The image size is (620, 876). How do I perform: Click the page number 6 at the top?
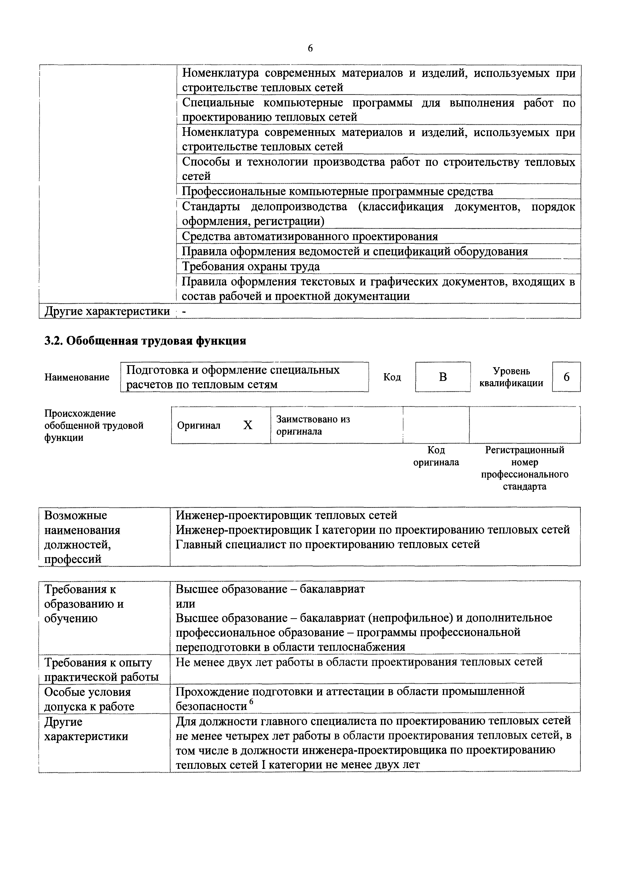coord(310,48)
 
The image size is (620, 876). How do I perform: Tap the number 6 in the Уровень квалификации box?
coord(566,377)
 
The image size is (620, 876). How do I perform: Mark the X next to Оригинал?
coord(248,425)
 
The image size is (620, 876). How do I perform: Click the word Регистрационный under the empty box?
coord(525,450)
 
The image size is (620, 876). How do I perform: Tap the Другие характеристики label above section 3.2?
coord(107,311)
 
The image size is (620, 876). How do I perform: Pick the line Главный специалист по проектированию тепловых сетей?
coord(327,544)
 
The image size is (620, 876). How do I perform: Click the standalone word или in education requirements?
coord(186,604)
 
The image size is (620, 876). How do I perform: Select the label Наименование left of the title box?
coord(77,377)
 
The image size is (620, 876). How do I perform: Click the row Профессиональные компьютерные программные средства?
coord(337,191)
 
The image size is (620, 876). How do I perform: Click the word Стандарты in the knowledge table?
coord(211,207)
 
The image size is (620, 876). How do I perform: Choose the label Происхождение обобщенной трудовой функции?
coord(93,425)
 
